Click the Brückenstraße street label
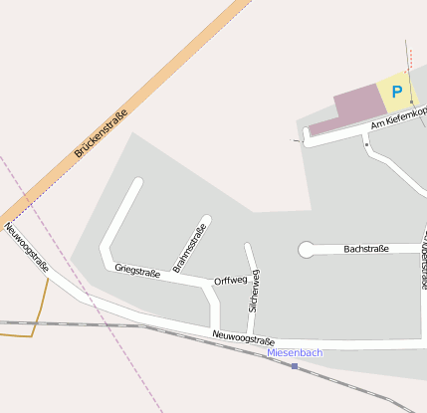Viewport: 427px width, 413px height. (102, 134)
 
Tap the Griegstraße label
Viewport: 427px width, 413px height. (137, 270)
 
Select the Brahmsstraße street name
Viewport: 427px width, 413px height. (190, 249)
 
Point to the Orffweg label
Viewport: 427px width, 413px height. (230, 281)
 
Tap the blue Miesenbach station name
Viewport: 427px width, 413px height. (295, 353)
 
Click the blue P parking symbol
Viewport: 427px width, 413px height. (396, 92)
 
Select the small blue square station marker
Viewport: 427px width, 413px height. (295, 366)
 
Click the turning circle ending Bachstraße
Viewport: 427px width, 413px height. (306, 250)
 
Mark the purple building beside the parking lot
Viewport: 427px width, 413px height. (356, 104)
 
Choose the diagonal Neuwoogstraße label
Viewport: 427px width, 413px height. (27, 247)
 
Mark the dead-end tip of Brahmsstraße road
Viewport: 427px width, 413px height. (206, 219)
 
